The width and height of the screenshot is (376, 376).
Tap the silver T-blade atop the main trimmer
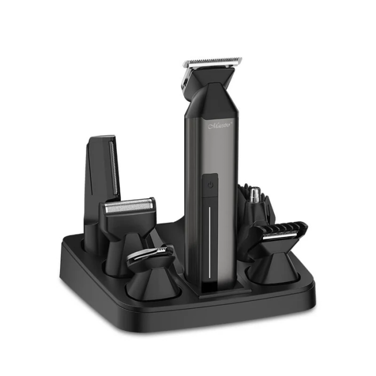coord(212,62)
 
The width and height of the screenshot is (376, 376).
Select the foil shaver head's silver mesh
coord(129,205)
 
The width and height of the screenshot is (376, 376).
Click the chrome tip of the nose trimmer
coord(256,192)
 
